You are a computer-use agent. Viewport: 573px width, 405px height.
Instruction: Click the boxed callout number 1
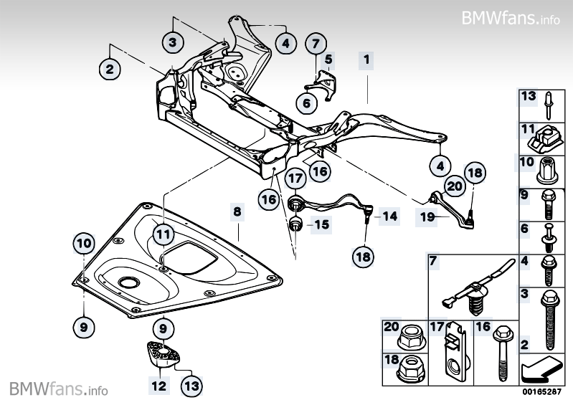click(366, 59)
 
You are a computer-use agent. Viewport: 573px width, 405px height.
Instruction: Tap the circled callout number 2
click(110, 69)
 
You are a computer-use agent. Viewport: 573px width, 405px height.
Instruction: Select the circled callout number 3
click(173, 42)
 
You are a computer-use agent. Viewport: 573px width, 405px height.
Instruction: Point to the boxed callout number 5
click(328, 59)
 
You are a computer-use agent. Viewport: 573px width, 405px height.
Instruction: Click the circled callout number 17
click(295, 178)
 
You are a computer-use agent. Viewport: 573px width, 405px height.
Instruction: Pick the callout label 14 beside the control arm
click(389, 216)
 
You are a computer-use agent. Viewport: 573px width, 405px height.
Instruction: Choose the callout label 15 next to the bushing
click(322, 224)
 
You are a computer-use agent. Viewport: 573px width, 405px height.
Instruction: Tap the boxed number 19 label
click(427, 217)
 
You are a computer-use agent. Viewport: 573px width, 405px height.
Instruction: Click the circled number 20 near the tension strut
click(455, 186)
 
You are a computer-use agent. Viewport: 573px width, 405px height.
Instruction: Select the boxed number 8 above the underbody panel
click(237, 211)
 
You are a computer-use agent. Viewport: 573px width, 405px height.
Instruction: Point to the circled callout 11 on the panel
click(163, 234)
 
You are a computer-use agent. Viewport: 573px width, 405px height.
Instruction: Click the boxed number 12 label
click(159, 386)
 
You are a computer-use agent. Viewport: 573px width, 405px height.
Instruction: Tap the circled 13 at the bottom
click(192, 386)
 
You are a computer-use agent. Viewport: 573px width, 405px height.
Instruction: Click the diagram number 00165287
click(541, 392)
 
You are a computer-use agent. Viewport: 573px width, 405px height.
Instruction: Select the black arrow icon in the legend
click(541, 368)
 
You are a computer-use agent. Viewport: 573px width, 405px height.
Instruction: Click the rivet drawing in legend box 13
click(549, 105)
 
